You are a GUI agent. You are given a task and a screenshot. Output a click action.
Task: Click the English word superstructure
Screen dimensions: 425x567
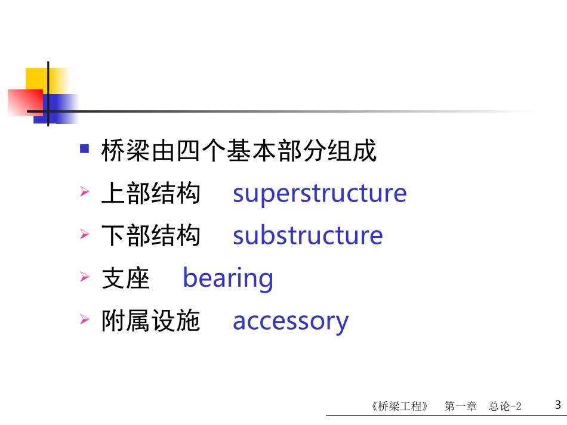pyautogui.click(x=319, y=194)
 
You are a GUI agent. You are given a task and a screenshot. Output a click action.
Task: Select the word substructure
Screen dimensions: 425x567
pyautogui.click(x=307, y=236)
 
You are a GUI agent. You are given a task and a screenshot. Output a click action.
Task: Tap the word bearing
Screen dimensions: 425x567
pyautogui.click(x=227, y=278)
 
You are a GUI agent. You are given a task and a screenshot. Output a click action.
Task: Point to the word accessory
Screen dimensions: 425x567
pyautogui.click(x=290, y=321)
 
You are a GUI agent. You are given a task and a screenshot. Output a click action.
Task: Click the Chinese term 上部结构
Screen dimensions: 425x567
pyautogui.click(x=150, y=194)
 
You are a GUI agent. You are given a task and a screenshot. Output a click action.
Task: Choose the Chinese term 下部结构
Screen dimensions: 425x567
pyautogui.click(x=150, y=236)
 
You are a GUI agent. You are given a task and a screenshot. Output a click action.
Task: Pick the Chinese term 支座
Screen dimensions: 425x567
pyautogui.click(x=125, y=278)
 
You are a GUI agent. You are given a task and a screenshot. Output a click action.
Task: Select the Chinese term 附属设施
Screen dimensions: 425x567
pyautogui.click(x=150, y=321)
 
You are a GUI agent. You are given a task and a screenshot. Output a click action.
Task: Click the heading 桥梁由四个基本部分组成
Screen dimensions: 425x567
pyautogui.click(x=239, y=151)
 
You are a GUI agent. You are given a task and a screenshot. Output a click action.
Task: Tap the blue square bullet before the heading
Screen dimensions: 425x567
pyautogui.click(x=85, y=148)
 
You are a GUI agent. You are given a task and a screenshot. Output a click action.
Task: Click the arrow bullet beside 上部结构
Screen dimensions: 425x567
pyautogui.click(x=85, y=193)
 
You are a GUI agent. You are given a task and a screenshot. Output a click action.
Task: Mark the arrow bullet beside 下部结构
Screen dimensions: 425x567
pyautogui.click(x=85, y=235)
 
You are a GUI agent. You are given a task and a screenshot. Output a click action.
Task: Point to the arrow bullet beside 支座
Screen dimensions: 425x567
pyautogui.click(x=85, y=277)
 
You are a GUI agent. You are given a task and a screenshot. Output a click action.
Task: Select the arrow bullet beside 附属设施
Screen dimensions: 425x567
pyautogui.click(x=85, y=320)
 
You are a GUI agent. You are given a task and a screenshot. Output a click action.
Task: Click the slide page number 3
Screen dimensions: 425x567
pyautogui.click(x=557, y=405)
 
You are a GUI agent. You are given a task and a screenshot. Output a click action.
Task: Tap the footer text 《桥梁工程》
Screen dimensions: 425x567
pyautogui.click(x=399, y=407)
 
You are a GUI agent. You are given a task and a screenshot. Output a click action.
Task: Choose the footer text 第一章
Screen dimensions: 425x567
pyautogui.click(x=460, y=407)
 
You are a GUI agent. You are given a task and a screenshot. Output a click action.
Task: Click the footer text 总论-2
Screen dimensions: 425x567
pyautogui.click(x=505, y=407)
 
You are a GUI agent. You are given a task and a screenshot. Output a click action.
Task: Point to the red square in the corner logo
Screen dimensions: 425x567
pyautogui.click(x=24, y=102)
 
